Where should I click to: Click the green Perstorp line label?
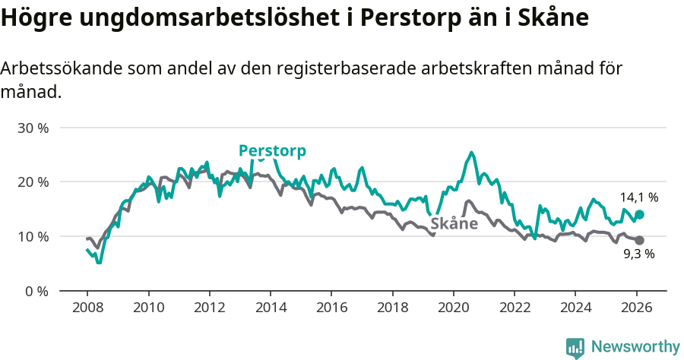coord(272,150)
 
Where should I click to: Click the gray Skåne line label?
coord(454,223)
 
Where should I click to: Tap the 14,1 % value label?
coord(639,197)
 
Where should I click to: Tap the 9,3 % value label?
coord(639,254)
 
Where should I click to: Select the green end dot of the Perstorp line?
coord(640,215)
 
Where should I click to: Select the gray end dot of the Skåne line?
coord(640,241)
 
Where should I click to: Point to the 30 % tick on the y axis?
coord(33,128)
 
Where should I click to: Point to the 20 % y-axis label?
coord(33,182)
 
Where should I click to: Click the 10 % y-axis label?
coord(33,236)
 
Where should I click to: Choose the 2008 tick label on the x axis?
coord(87,308)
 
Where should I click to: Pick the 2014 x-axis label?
coord(270,308)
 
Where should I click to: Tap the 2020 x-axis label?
coord(453,308)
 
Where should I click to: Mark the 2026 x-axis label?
coord(636,308)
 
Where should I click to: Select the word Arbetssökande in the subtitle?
coord(60,68)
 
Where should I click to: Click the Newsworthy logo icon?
coord(575,348)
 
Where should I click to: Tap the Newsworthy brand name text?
coord(635,347)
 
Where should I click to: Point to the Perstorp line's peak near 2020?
coord(472,153)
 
